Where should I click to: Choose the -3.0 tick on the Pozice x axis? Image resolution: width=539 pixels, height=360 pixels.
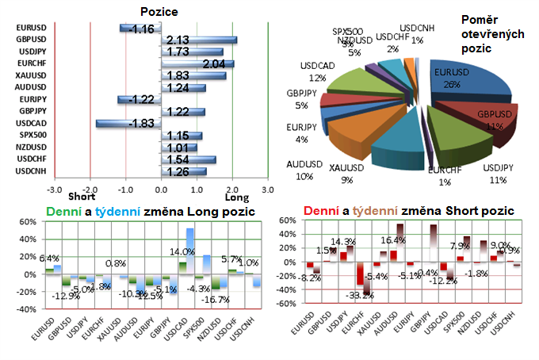(x=53, y=190)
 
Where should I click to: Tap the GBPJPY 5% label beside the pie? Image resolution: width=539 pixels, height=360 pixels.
(x=288, y=98)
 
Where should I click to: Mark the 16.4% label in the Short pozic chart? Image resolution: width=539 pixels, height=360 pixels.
(x=393, y=240)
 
